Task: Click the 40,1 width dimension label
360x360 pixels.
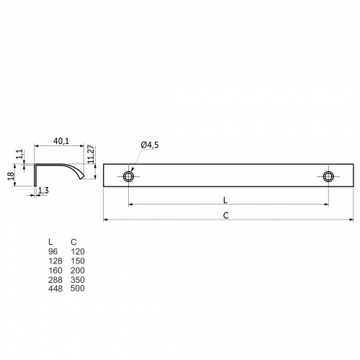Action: pyautogui.click(x=61, y=141)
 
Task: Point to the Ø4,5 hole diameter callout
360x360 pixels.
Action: pyautogui.click(x=150, y=145)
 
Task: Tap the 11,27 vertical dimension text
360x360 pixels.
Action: pyautogui.click(x=91, y=154)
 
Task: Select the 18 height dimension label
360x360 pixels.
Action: pyautogui.click(x=11, y=176)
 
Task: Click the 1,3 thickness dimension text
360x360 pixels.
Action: pyautogui.click(x=43, y=191)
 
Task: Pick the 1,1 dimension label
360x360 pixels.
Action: pyautogui.click(x=20, y=154)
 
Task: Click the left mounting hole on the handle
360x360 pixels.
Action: pyautogui.click(x=129, y=176)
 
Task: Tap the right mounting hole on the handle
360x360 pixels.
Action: pyautogui.click(x=328, y=176)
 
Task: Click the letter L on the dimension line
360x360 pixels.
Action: pyautogui.click(x=225, y=200)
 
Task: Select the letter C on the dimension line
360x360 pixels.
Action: pyautogui.click(x=226, y=216)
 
